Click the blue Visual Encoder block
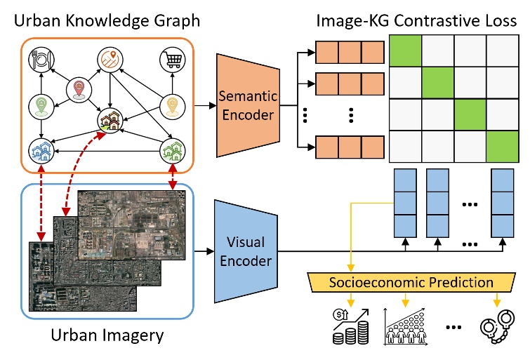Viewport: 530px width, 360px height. point(245,251)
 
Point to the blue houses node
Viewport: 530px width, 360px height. point(40,150)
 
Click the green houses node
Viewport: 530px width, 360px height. point(171,151)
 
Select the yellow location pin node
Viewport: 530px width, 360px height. point(172,107)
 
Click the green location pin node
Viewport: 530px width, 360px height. point(41,106)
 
